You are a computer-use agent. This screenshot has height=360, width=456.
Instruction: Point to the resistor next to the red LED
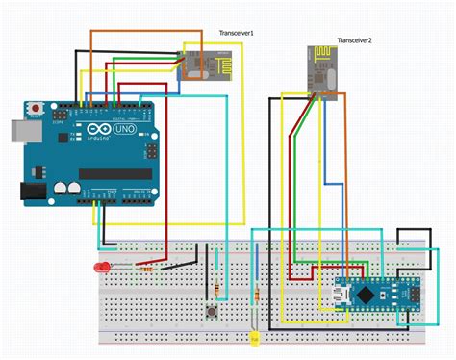(x=145, y=268)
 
